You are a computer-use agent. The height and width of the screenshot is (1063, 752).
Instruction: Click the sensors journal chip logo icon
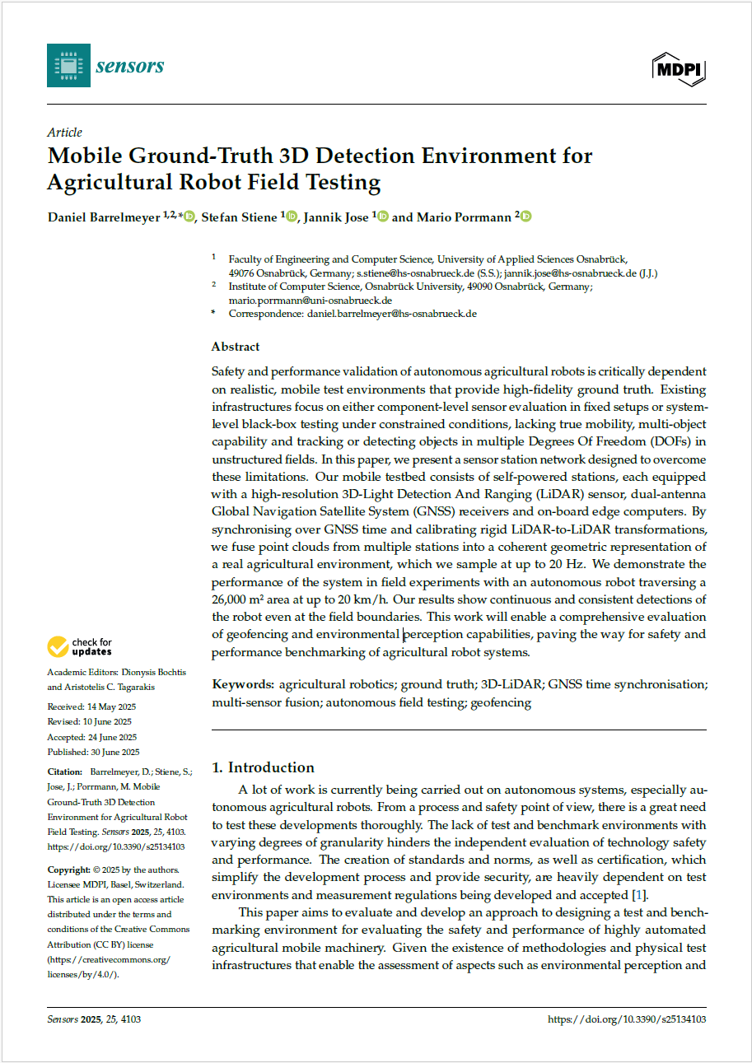(x=68, y=67)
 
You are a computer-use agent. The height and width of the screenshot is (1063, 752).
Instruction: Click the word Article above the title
(x=64, y=133)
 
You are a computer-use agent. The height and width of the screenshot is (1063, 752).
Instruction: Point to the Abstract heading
(x=236, y=347)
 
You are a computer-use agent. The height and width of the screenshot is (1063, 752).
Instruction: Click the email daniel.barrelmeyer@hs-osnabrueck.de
(x=392, y=314)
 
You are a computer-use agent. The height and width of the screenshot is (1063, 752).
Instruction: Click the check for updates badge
(x=80, y=647)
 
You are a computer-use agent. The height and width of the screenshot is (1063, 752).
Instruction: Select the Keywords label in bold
(x=243, y=685)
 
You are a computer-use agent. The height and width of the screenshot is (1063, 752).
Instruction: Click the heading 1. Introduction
(x=263, y=767)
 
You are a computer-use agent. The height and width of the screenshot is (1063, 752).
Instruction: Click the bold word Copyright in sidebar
(x=68, y=870)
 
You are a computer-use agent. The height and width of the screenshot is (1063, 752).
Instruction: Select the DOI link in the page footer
(x=627, y=1019)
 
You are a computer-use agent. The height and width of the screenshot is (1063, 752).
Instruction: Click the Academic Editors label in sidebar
(x=82, y=673)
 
